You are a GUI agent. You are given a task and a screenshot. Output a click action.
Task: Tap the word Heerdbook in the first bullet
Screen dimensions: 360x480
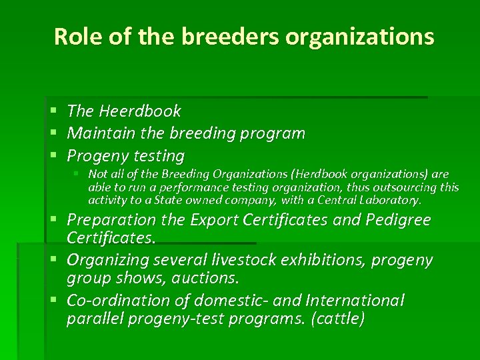(x=140, y=111)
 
